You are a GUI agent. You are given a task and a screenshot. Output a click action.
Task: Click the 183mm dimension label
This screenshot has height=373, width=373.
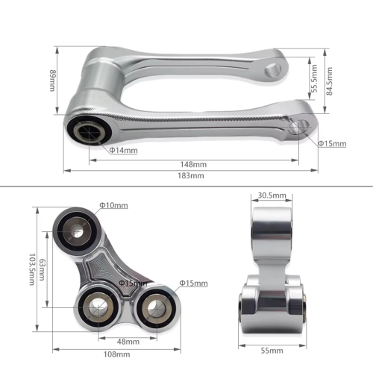(x=191, y=175)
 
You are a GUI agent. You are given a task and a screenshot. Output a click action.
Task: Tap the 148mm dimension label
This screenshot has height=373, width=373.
(x=193, y=164)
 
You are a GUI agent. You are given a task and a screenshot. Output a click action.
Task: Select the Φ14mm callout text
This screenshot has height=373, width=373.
(x=123, y=150)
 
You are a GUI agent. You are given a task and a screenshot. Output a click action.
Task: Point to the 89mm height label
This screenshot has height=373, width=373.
(x=53, y=81)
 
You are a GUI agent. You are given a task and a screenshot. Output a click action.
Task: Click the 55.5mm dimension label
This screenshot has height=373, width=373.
(x=315, y=78)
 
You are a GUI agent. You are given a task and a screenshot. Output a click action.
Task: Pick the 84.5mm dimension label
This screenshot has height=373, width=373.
(x=329, y=81)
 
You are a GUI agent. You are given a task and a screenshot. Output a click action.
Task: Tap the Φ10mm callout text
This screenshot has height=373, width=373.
(x=113, y=205)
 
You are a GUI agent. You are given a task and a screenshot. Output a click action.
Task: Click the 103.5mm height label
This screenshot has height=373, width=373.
(x=32, y=269)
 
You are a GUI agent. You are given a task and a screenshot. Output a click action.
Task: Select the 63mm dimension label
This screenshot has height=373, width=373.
(x=42, y=270)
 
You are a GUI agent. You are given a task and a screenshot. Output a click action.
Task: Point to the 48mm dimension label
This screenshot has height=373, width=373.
(x=128, y=342)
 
